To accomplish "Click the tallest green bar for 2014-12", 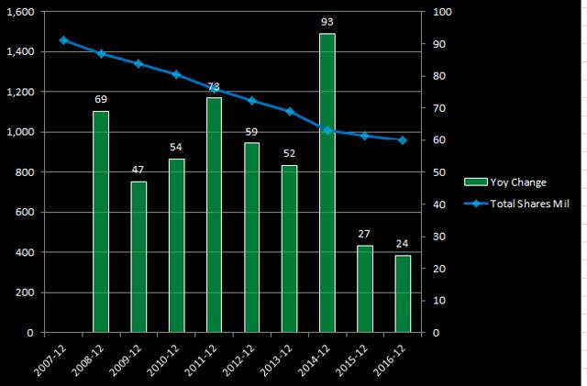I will [x=327, y=183].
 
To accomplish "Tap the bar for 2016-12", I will [x=403, y=293].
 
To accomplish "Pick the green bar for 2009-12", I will [x=138, y=257].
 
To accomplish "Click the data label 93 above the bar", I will [x=327, y=21].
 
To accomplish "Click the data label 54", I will [x=176, y=147].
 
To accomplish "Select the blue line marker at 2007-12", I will [x=63, y=40].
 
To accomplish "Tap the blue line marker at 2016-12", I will [x=403, y=140].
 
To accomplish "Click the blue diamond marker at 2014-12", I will [x=327, y=130].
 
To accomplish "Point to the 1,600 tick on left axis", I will [x=19, y=12].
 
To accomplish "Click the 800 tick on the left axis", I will [x=26, y=172].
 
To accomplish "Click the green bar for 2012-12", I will [x=252, y=237].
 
